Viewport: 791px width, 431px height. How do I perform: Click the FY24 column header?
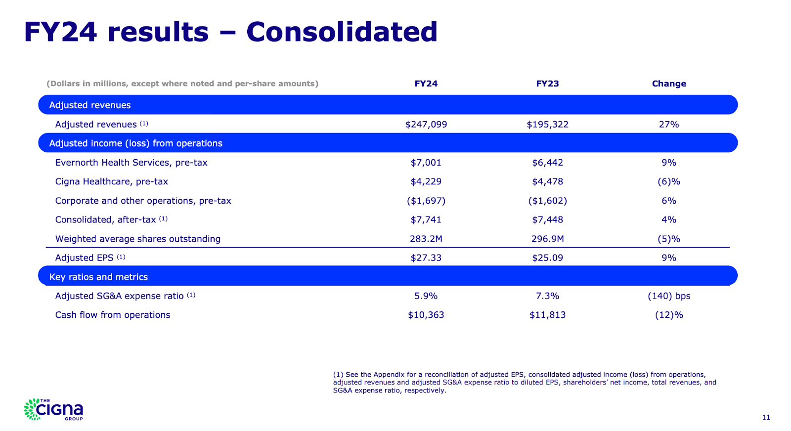(x=426, y=84)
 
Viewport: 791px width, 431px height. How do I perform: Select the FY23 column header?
(x=547, y=84)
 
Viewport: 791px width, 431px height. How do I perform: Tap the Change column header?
(x=669, y=84)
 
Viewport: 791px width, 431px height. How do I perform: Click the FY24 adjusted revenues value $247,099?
(x=426, y=125)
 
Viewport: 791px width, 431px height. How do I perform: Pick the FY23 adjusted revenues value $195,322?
(x=547, y=125)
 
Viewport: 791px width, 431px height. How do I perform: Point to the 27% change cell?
(x=669, y=125)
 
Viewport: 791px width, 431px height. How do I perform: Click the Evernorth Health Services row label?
(x=131, y=163)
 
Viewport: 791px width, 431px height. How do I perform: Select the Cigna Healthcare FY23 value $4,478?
(x=547, y=181)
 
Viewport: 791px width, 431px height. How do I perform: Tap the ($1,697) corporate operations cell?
(x=426, y=201)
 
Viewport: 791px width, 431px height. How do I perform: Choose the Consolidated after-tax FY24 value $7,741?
(x=426, y=219)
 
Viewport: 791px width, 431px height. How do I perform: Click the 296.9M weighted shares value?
(x=547, y=239)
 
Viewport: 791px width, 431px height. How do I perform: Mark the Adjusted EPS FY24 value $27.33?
(x=426, y=258)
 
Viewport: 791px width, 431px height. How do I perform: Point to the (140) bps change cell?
(x=669, y=296)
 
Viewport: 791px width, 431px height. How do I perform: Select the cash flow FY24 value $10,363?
(x=426, y=315)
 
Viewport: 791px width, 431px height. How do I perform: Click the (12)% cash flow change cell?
(x=669, y=315)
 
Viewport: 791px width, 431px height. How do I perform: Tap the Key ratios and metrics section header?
(x=98, y=277)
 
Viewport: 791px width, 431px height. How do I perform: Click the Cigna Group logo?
(x=53, y=410)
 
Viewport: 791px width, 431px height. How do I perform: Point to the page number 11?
(x=766, y=418)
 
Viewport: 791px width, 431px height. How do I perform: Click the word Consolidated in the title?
(x=342, y=32)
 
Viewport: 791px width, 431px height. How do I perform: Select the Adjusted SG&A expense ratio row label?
(x=119, y=296)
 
